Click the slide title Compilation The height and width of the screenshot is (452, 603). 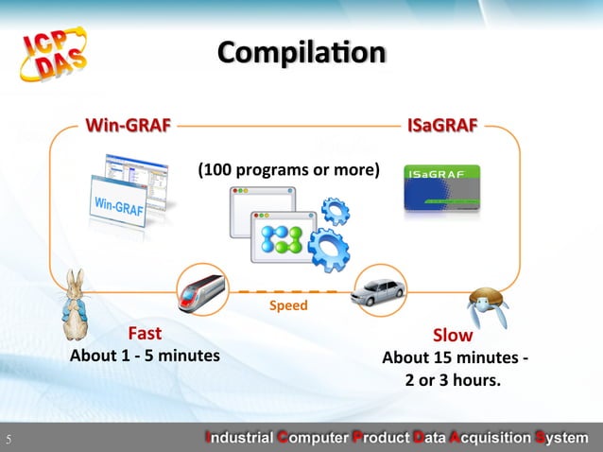coord(301,51)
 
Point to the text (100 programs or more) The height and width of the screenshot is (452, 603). coord(288,170)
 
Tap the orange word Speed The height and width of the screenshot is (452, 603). coord(288,306)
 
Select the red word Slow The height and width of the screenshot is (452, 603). coord(453,336)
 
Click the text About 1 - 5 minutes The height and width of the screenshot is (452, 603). coord(145,356)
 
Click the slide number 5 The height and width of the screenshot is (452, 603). coord(8,439)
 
